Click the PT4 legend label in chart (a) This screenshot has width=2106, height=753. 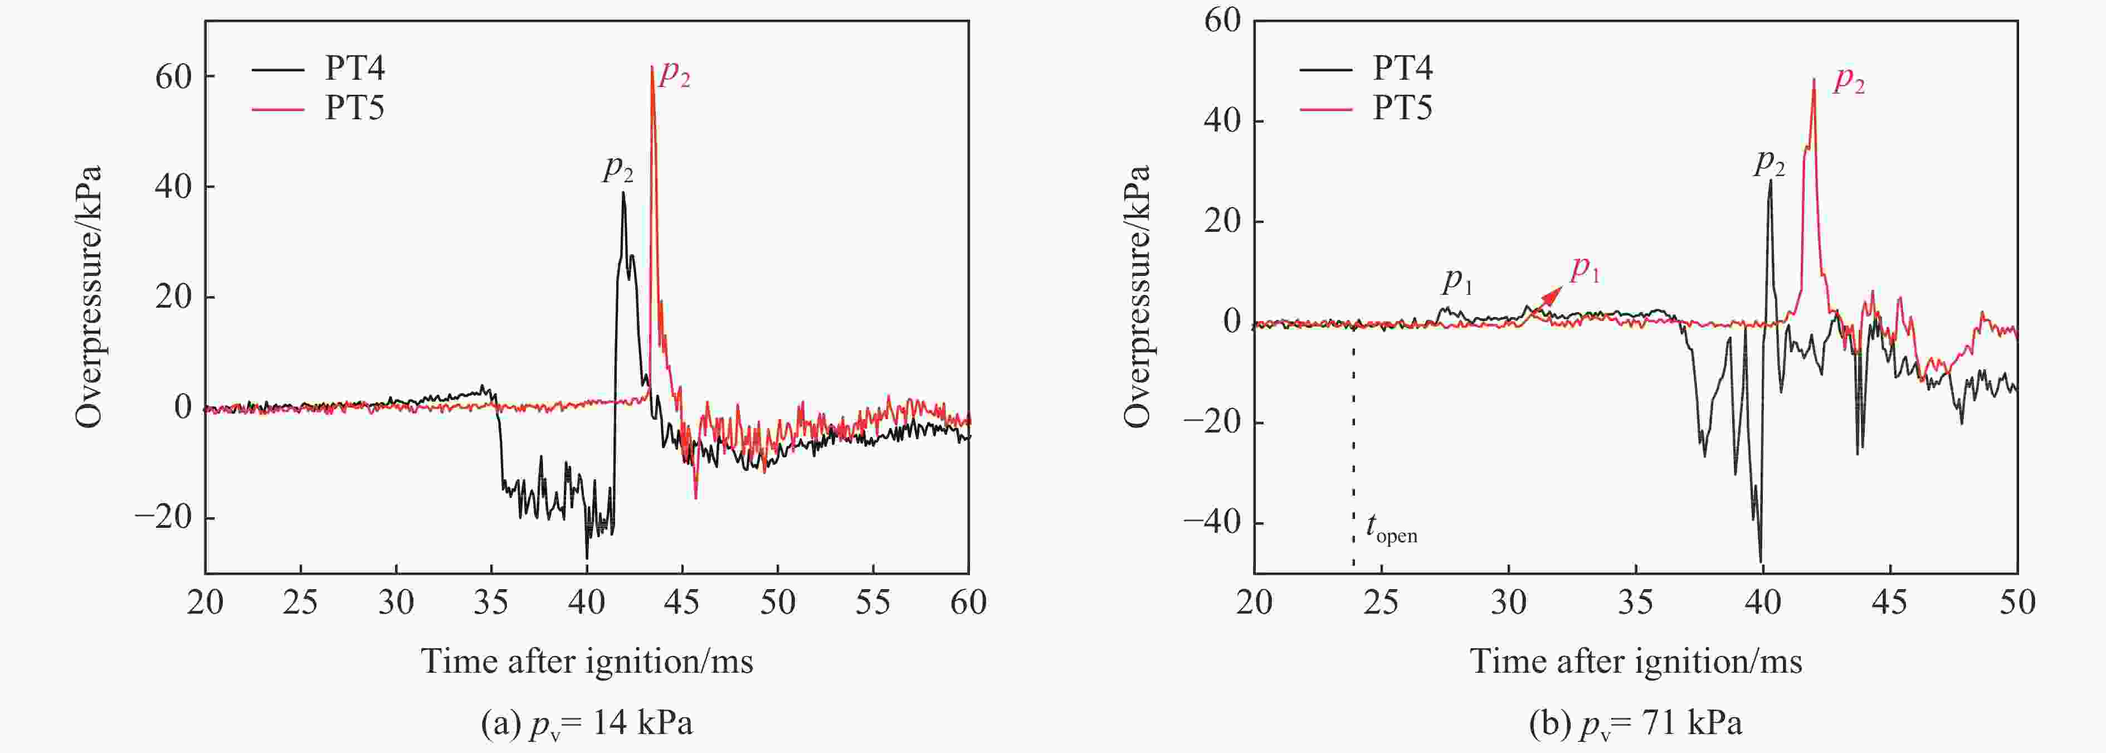pyautogui.click(x=355, y=68)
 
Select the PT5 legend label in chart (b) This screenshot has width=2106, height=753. pyautogui.click(x=1402, y=108)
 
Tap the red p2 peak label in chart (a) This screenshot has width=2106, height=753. pyautogui.click(x=675, y=74)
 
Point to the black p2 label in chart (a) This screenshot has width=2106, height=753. pyautogui.click(x=618, y=168)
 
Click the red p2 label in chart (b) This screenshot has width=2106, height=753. pyautogui.click(x=1849, y=80)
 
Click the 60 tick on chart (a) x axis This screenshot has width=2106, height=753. pyautogui.click(x=968, y=603)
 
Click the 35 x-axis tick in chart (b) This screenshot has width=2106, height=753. pyautogui.click(x=1636, y=603)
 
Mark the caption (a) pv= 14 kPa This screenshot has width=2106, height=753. pyautogui.click(x=587, y=723)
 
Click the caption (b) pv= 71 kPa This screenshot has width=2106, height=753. pyautogui.click(x=1635, y=723)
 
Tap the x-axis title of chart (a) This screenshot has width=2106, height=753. pyautogui.click(x=587, y=660)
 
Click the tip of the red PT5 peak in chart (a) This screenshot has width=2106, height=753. pyautogui.click(x=652, y=67)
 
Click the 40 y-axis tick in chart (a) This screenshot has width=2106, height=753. pyautogui.click(x=173, y=186)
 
